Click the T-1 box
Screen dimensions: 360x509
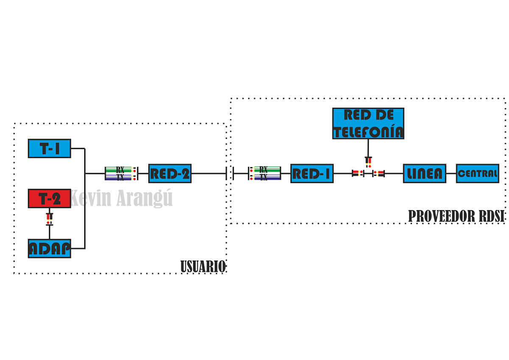pyautogui.click(x=50, y=148)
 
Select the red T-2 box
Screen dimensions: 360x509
pyautogui.click(x=50, y=198)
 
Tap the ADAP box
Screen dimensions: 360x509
pyautogui.click(x=49, y=248)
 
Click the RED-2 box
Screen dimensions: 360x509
pyautogui.click(x=170, y=173)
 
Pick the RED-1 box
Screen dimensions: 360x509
pyautogui.click(x=312, y=173)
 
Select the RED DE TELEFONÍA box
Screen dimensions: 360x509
pyautogui.click(x=368, y=123)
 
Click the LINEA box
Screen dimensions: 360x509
pyautogui.click(x=424, y=173)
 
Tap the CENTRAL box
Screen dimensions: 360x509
pyautogui.click(x=477, y=173)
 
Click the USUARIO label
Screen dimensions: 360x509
pyautogui.click(x=203, y=266)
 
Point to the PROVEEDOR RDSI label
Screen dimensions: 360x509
pyautogui.click(x=456, y=216)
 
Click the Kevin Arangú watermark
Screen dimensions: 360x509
pyautogui.click(x=121, y=198)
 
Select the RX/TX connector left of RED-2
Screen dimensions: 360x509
pyautogui.click(x=121, y=173)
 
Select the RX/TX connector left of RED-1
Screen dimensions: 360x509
pyautogui.click(x=264, y=173)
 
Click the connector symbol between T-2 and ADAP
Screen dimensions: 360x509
pyautogui.click(x=50, y=219)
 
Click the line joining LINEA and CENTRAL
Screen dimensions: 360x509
pyautogui.click(x=451, y=173)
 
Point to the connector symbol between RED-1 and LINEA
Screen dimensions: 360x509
pyautogui.click(x=368, y=173)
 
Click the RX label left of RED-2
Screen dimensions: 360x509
pyautogui.click(x=120, y=169)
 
